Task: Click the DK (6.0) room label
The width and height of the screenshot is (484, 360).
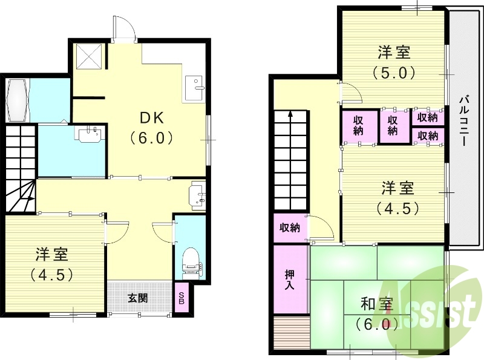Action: (x=152, y=127)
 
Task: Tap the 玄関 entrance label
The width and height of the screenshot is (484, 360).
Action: (x=139, y=298)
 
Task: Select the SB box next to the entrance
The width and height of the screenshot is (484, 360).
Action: (x=181, y=298)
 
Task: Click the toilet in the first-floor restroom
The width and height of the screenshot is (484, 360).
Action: (x=191, y=260)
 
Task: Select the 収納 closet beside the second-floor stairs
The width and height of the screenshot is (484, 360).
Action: (x=290, y=228)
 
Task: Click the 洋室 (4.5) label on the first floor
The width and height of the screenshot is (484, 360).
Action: (x=51, y=263)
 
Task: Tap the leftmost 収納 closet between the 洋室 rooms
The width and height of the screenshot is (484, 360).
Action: (x=358, y=125)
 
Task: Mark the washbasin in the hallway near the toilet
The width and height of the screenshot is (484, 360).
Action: (x=198, y=195)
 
